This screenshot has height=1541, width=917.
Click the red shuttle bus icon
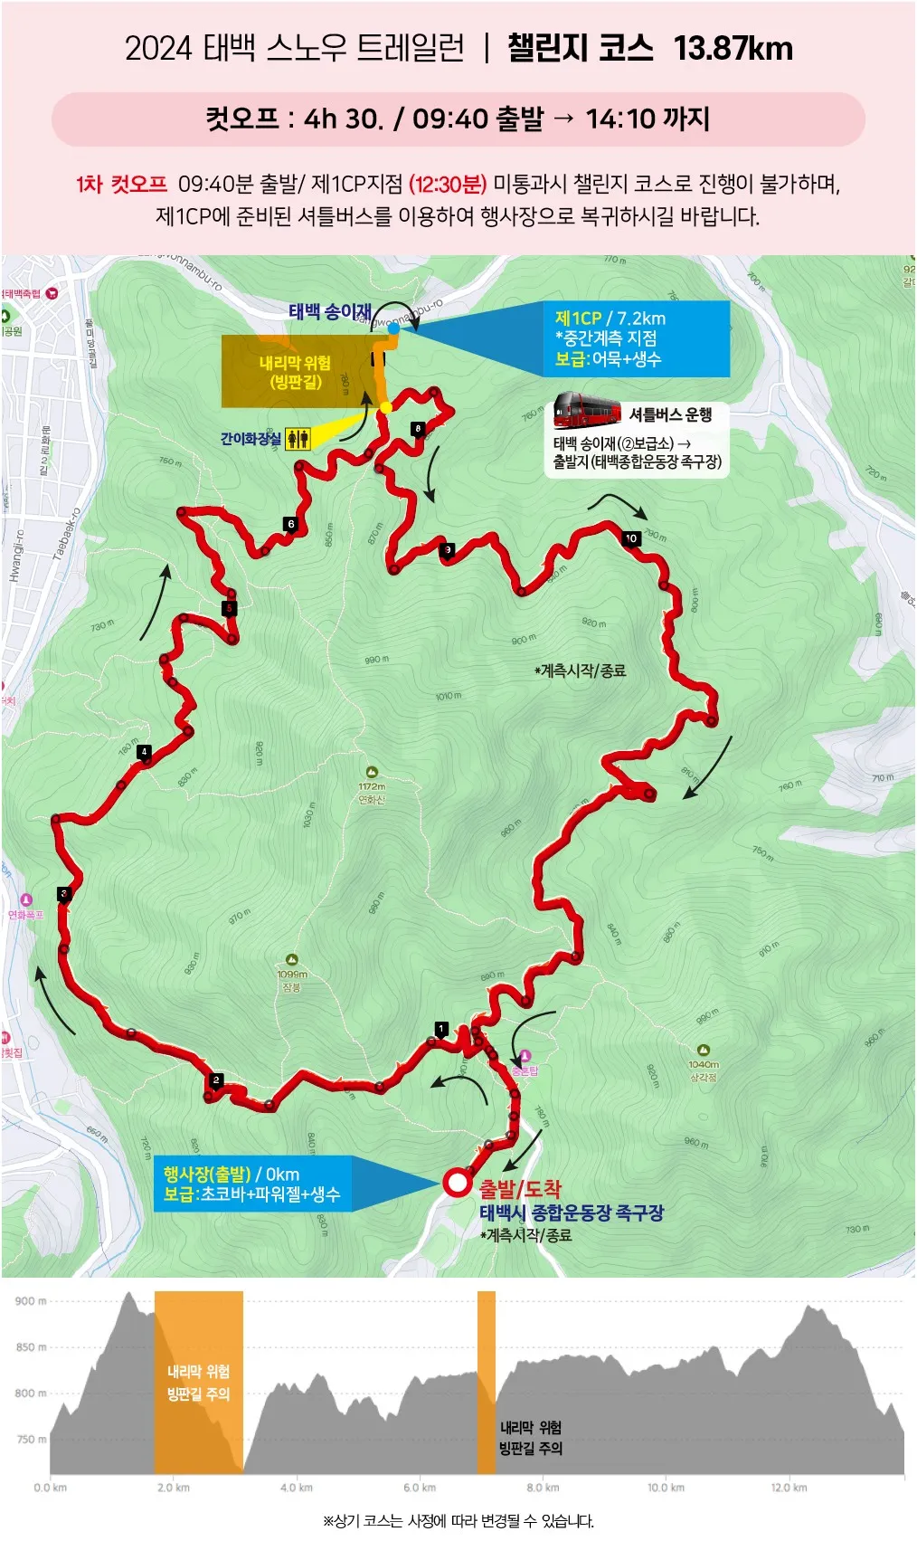tap(586, 411)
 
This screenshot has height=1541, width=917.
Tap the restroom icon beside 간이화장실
tap(298, 440)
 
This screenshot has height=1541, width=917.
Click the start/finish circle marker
tap(457, 1183)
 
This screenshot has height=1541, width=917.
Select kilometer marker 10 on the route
tap(631, 538)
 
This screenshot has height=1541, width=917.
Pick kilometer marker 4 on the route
tap(144, 752)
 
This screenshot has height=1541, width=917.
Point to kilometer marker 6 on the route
tap(290, 524)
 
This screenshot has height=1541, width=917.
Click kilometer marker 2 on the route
tap(215, 1080)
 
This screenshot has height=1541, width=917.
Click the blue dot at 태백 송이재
tap(393, 328)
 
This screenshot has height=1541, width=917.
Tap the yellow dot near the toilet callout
tap(386, 407)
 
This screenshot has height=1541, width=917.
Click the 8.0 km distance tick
tap(542, 1488)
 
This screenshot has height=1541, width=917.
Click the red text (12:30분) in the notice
tap(448, 185)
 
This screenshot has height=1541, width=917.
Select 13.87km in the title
tap(733, 48)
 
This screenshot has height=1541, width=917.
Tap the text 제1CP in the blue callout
tap(578, 319)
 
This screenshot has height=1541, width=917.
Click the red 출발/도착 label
tap(520, 1189)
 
